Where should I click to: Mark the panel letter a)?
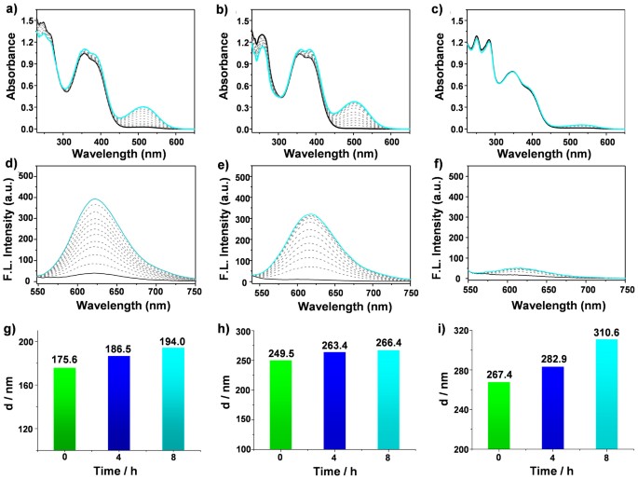point(10,9)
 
